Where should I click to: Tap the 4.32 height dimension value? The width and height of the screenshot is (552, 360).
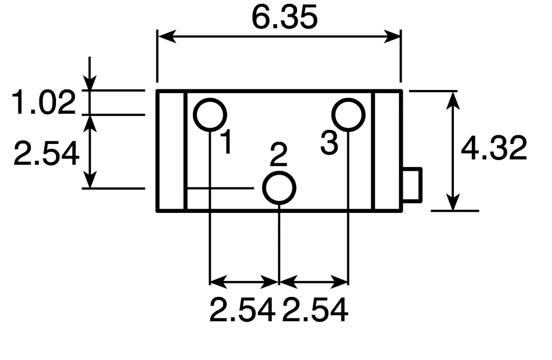pyautogui.click(x=494, y=148)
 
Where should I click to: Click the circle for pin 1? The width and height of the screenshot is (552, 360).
pyautogui.click(x=210, y=115)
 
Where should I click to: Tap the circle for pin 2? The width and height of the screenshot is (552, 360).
pyautogui.click(x=279, y=188)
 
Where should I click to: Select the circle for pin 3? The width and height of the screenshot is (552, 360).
pyautogui.click(x=348, y=115)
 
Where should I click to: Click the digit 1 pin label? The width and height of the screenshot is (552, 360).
pyautogui.click(x=227, y=142)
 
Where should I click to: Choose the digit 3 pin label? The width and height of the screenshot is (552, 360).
pyautogui.click(x=329, y=143)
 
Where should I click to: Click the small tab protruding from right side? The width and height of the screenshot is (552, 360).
pyautogui.click(x=412, y=185)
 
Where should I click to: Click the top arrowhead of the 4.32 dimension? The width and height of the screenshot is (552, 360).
pyautogui.click(x=454, y=98)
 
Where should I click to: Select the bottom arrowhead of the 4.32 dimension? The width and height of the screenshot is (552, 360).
pyautogui.click(x=454, y=203)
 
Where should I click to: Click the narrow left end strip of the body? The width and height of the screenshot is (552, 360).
pyautogui.click(x=171, y=151)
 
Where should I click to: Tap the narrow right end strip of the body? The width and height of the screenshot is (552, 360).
pyautogui.click(x=388, y=151)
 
